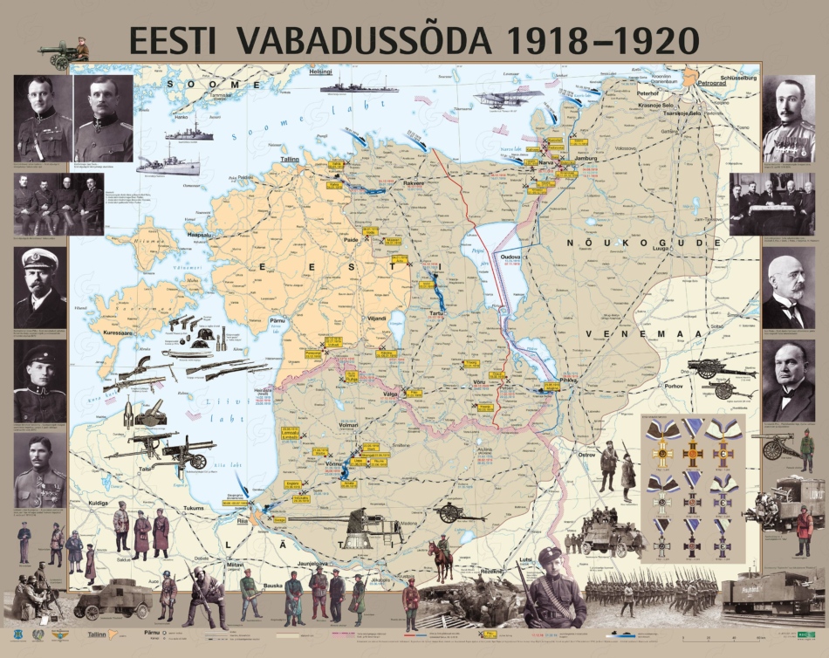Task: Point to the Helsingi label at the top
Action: [322, 72]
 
